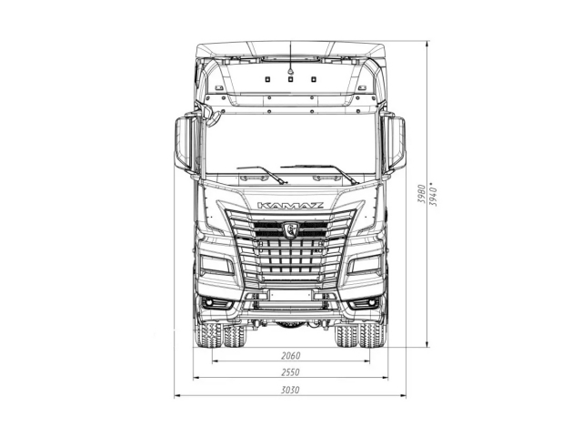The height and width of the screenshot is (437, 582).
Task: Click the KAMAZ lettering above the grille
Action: point(290,206)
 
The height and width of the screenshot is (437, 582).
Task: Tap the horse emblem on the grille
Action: point(292,229)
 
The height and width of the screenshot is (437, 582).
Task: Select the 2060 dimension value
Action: point(290,355)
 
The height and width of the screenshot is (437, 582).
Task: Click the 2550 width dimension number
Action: point(290,372)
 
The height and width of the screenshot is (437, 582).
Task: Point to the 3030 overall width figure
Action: point(290,390)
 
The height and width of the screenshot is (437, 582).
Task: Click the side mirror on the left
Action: point(185,144)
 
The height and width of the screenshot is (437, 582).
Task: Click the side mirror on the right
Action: point(396,144)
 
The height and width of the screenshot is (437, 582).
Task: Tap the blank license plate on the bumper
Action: point(290,295)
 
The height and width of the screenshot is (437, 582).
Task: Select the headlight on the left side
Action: point(216,265)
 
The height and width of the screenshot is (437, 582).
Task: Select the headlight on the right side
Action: point(366,265)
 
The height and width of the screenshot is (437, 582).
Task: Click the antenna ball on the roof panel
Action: point(291,66)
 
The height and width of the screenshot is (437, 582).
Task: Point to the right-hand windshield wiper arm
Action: point(318,170)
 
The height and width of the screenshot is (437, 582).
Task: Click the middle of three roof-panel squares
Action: point(291,79)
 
